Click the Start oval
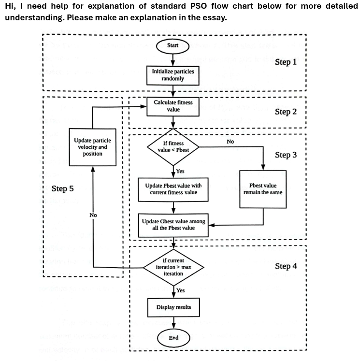click(173, 45)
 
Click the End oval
click(173, 338)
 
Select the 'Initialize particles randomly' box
click(173, 75)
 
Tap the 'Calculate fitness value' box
click(173, 106)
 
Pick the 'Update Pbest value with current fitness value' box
click(173, 189)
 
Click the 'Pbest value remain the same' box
click(263, 189)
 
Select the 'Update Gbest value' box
click(173, 225)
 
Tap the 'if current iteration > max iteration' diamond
click(173, 267)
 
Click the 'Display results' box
click(173, 307)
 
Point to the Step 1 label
click(286, 62)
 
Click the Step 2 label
click(286, 112)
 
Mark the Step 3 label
click(286, 155)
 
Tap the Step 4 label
click(286, 266)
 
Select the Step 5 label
click(63, 188)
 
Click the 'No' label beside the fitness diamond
click(230, 142)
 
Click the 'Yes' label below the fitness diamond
click(180, 171)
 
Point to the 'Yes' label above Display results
click(180, 290)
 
